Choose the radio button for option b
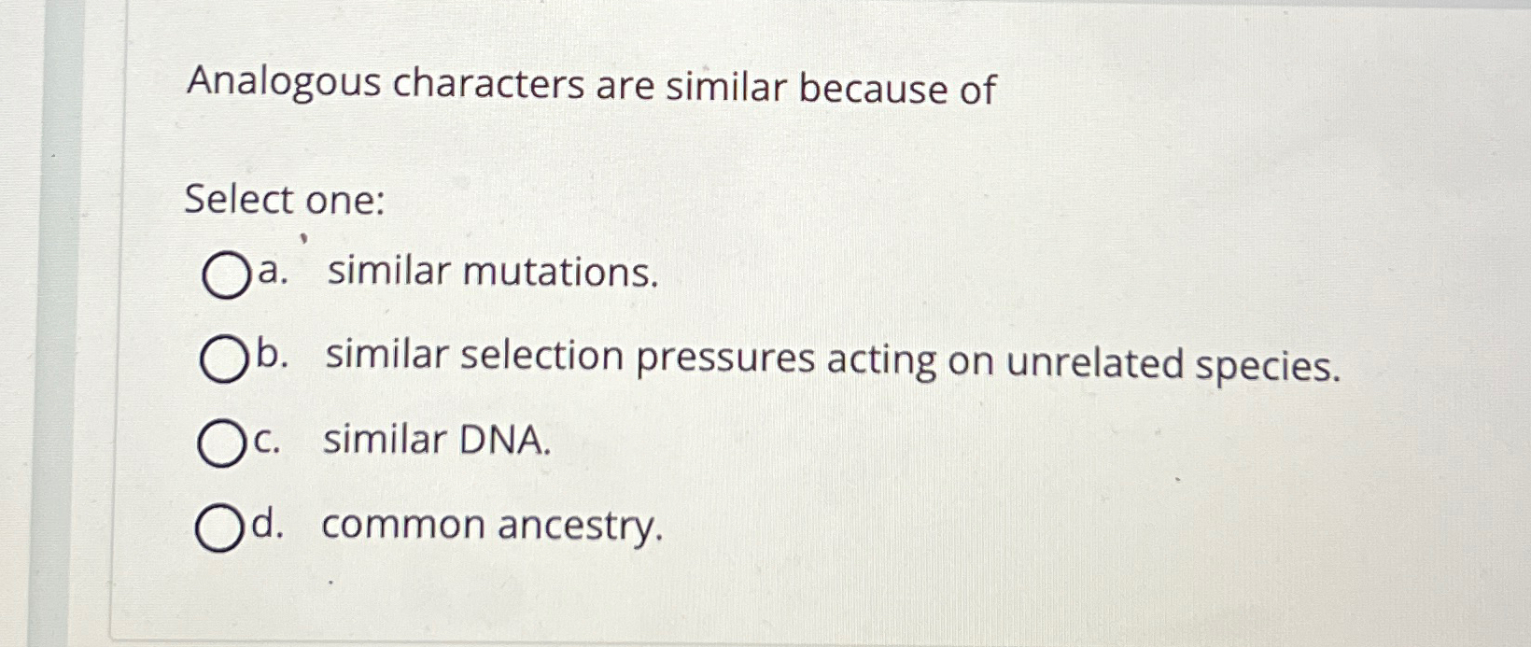click(223, 360)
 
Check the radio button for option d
click(219, 528)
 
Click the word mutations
click(560, 273)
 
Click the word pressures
click(724, 359)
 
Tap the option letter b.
click(269, 356)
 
